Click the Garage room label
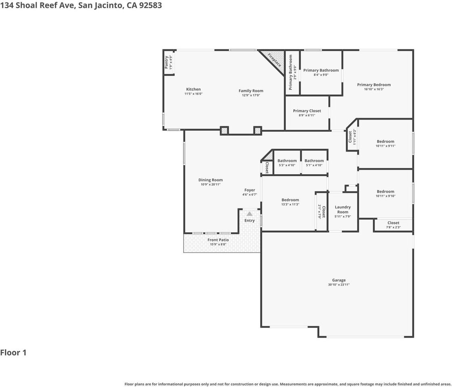(x=339, y=280)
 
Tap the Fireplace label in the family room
(x=275, y=60)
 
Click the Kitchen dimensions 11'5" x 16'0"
(x=193, y=94)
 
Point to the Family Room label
(x=251, y=91)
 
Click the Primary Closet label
(x=307, y=111)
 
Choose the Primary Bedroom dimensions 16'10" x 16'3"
(x=374, y=89)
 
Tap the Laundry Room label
(x=343, y=210)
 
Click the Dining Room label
(x=210, y=180)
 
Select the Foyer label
(x=249, y=190)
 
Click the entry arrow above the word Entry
(x=249, y=214)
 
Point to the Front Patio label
(x=218, y=240)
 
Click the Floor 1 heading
(x=13, y=353)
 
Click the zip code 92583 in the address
(x=150, y=5)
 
